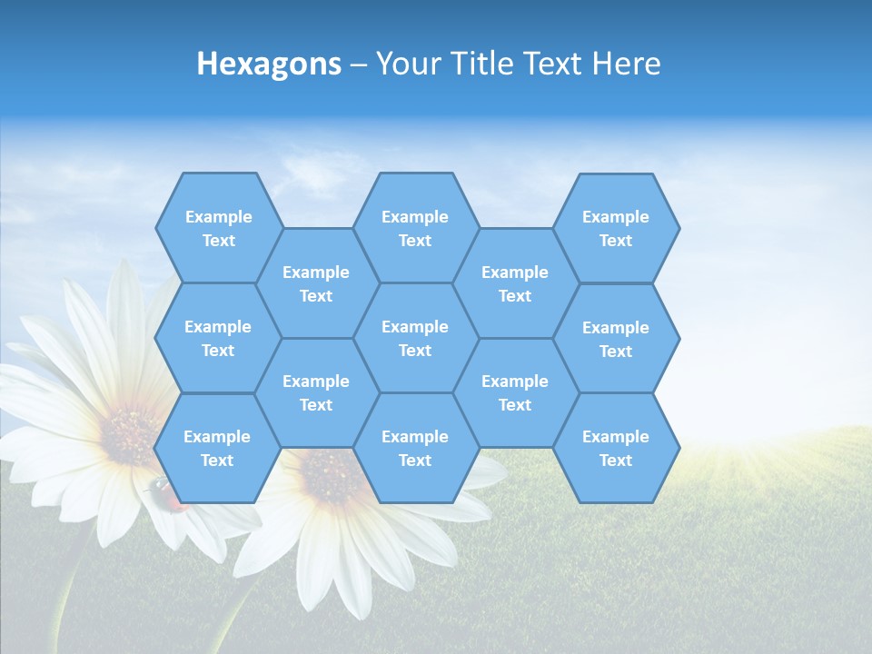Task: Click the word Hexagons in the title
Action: (x=269, y=64)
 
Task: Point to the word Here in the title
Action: (x=626, y=64)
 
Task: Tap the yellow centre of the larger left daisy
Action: (x=127, y=434)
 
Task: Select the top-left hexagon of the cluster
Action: (x=218, y=228)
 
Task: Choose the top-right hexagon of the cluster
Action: (x=616, y=228)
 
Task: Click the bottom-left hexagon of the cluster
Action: (x=217, y=448)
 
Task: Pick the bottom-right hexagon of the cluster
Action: (x=616, y=448)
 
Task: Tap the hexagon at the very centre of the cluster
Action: (x=415, y=338)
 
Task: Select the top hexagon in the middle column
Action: (x=415, y=228)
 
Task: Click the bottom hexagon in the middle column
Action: (x=415, y=448)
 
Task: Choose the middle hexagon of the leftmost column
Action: (x=218, y=338)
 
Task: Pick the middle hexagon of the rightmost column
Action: (x=616, y=339)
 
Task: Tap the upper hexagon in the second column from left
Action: (x=316, y=283)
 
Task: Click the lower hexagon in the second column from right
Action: (x=515, y=392)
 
